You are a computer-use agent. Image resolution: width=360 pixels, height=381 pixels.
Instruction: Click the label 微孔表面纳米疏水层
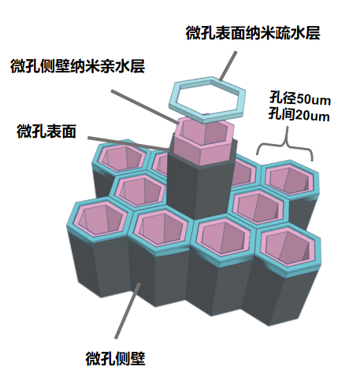(253, 33)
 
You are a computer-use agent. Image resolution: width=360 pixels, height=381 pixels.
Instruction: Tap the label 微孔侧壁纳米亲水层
(78, 66)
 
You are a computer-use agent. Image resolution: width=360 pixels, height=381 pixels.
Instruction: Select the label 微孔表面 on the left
(46, 131)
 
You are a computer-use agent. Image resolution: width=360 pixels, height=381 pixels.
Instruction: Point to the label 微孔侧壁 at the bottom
(116, 358)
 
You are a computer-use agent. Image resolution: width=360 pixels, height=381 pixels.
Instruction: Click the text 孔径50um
(299, 98)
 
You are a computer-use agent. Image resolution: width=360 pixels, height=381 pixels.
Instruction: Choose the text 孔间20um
(299, 115)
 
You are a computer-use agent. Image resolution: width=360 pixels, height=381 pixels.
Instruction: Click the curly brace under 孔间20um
(285, 147)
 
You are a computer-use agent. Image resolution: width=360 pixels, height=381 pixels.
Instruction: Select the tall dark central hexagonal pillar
(199, 189)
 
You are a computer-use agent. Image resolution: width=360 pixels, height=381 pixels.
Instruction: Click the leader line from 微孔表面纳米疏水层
(228, 66)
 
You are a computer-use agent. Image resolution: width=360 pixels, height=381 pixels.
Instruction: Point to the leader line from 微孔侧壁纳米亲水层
(145, 107)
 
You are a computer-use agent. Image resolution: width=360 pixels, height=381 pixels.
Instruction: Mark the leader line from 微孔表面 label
(128, 143)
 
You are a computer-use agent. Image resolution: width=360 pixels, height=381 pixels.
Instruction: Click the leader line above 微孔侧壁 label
(128, 311)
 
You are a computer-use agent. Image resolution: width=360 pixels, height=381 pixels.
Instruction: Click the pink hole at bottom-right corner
(288, 247)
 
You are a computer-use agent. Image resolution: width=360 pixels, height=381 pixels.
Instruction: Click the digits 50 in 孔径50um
(305, 99)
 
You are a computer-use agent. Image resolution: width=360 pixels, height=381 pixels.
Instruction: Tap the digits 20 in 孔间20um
(303, 116)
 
